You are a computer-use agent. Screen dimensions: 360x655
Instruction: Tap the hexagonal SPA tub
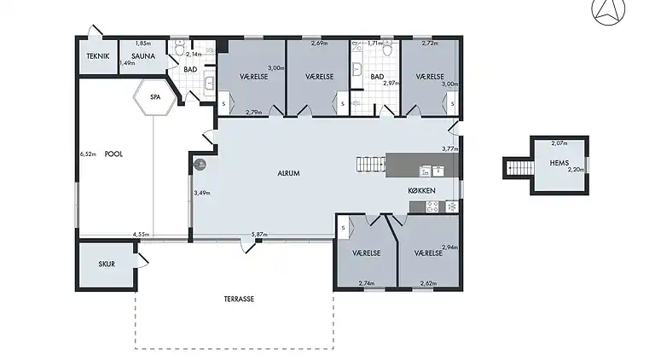pyautogui.click(x=155, y=98)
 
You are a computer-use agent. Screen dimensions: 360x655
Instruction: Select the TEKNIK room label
pyautogui.click(x=97, y=56)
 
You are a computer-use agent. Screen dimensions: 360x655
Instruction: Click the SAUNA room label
pyautogui.click(x=143, y=56)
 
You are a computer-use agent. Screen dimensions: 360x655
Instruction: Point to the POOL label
pyautogui.click(x=113, y=154)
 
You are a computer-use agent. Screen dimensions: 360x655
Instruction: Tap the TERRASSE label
pyautogui.click(x=240, y=299)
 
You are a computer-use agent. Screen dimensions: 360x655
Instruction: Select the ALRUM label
pyautogui.click(x=288, y=173)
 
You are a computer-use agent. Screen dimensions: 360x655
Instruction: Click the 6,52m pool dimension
pyautogui.click(x=86, y=154)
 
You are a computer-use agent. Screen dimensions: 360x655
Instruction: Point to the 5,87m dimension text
pyautogui.click(x=259, y=235)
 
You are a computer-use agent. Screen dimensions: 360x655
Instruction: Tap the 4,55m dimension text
pyautogui.click(x=142, y=235)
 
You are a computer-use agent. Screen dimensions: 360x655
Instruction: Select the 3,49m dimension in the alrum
pyautogui.click(x=202, y=193)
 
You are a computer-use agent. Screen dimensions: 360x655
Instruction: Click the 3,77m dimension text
pyautogui.click(x=449, y=148)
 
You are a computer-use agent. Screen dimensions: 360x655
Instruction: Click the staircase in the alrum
pyautogui.click(x=370, y=162)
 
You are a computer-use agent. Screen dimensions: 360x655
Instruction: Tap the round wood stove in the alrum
pyautogui.click(x=202, y=165)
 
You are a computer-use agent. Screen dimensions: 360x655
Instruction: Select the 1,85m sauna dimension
pyautogui.click(x=143, y=44)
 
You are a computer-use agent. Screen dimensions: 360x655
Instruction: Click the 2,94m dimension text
pyautogui.click(x=449, y=247)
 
